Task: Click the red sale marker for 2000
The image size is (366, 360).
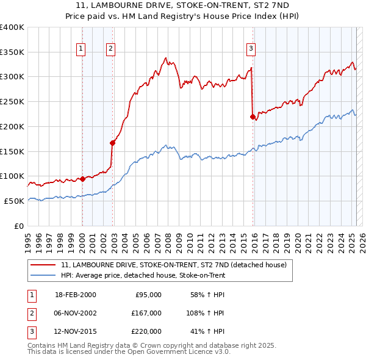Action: click(x=82, y=179)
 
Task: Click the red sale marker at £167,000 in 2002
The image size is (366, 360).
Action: click(x=112, y=143)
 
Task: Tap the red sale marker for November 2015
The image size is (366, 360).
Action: click(x=253, y=117)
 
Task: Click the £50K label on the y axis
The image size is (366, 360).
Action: click(x=14, y=201)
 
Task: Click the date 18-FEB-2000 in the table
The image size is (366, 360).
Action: click(x=75, y=295)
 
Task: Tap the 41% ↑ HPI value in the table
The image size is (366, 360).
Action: click(x=210, y=332)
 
